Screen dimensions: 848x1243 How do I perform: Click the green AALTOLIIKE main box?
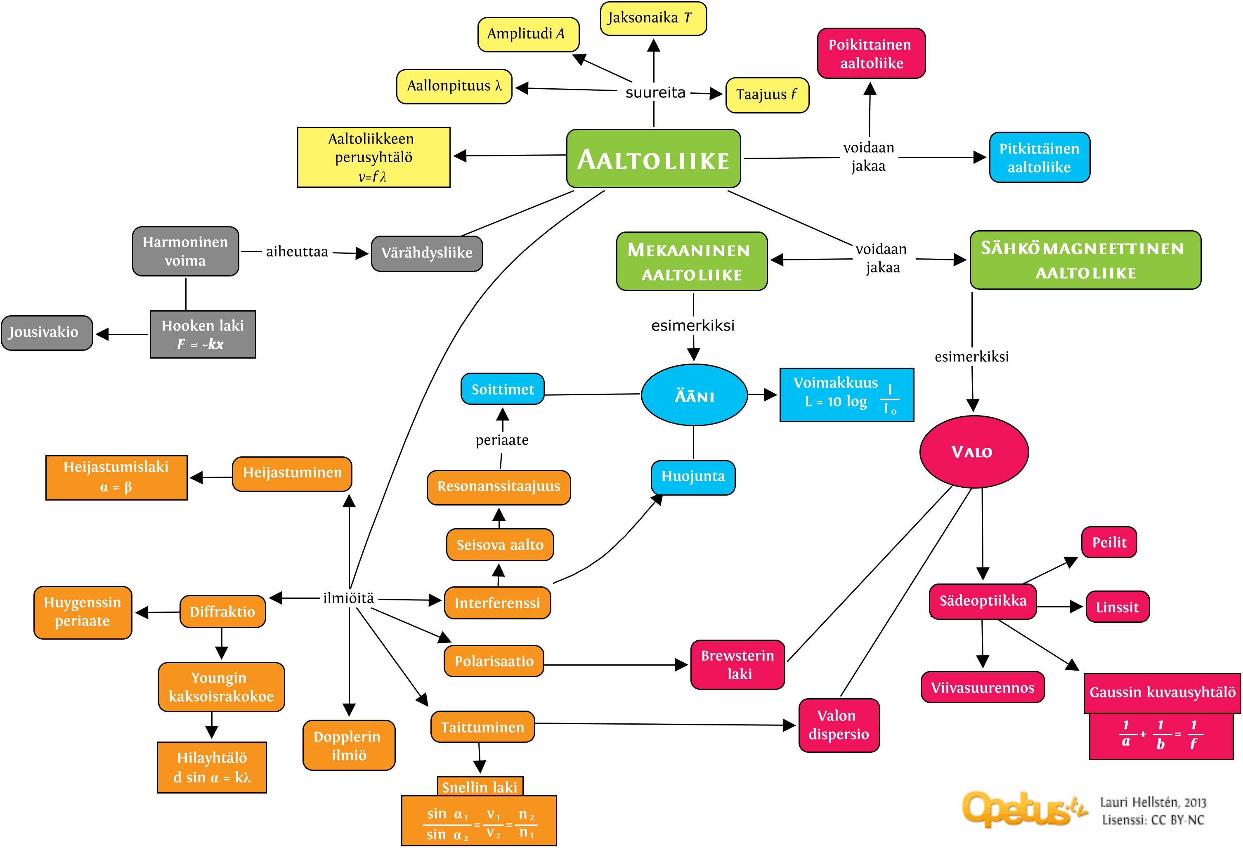pyautogui.click(x=653, y=159)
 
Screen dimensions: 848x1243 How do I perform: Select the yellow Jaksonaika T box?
pyautogui.click(x=653, y=19)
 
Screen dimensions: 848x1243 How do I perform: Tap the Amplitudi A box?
pyautogui.click(x=528, y=34)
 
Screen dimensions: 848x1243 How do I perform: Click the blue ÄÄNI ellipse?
pyautogui.click(x=694, y=395)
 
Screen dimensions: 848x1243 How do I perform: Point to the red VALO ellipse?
pyautogui.click(x=974, y=452)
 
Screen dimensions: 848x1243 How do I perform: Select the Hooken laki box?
pyautogui.click(x=203, y=334)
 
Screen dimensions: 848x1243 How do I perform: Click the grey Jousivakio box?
pyautogui.click(x=47, y=333)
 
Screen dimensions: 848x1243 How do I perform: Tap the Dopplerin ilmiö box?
pyautogui.click(x=349, y=745)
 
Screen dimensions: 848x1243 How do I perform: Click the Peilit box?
pyautogui.click(x=1109, y=542)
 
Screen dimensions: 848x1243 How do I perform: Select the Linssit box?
pyautogui.click(x=1117, y=607)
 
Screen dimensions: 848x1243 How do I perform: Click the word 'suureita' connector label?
pyautogui.click(x=655, y=93)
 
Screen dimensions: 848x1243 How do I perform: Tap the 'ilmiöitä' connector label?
pyautogui.click(x=348, y=598)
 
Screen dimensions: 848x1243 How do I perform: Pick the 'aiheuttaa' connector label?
pyautogui.click(x=297, y=251)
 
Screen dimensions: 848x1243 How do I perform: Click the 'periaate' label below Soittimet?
pyautogui.click(x=502, y=440)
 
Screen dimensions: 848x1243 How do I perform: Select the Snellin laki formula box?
pyautogui.click(x=479, y=820)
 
